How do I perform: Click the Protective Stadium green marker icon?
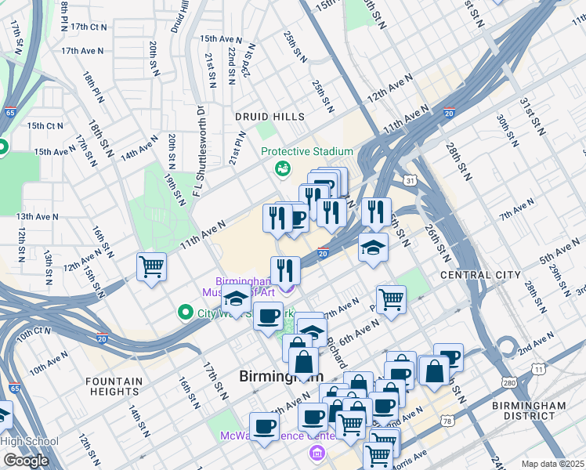coord(280,168)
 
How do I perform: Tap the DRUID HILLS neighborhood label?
coord(269,117)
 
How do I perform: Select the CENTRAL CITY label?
coord(480,275)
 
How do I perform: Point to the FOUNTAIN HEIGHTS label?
coord(114,387)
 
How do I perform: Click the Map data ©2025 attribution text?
coord(552,464)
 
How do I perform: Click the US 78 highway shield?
coord(447,421)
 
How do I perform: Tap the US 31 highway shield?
coord(410,182)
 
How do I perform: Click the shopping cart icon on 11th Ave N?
coord(151,266)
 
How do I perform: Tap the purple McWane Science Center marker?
coord(317,453)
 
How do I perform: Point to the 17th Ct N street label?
coord(88,27)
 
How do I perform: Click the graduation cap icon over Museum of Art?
coord(236,299)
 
